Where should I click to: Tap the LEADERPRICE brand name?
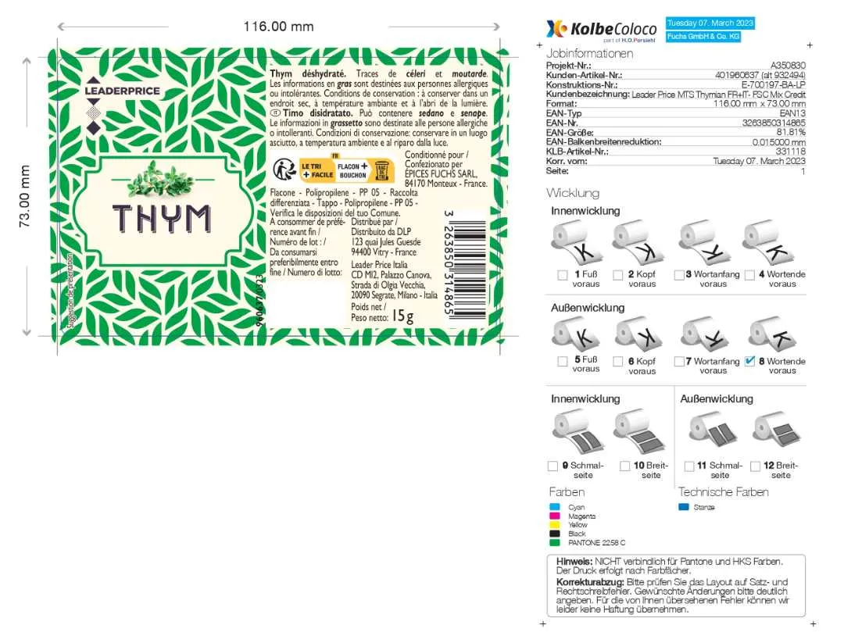click(122, 91)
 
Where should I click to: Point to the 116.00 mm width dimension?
click(278, 27)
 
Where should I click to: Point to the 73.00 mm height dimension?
click(25, 196)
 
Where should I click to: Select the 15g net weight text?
click(402, 316)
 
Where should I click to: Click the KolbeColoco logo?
click(602, 30)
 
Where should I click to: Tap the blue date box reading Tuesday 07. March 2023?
click(710, 23)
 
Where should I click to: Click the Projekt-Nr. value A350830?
click(788, 66)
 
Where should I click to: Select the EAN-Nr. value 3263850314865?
click(774, 123)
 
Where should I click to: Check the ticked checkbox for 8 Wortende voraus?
click(750, 361)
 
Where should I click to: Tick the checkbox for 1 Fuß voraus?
click(562, 275)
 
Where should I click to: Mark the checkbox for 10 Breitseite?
click(625, 466)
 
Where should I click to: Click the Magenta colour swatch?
click(554, 516)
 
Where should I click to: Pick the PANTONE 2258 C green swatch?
click(554, 542)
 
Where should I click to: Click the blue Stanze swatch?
click(684, 508)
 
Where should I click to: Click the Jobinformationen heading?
click(589, 53)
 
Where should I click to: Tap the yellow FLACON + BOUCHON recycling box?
click(352, 171)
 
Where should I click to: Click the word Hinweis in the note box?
click(574, 561)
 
